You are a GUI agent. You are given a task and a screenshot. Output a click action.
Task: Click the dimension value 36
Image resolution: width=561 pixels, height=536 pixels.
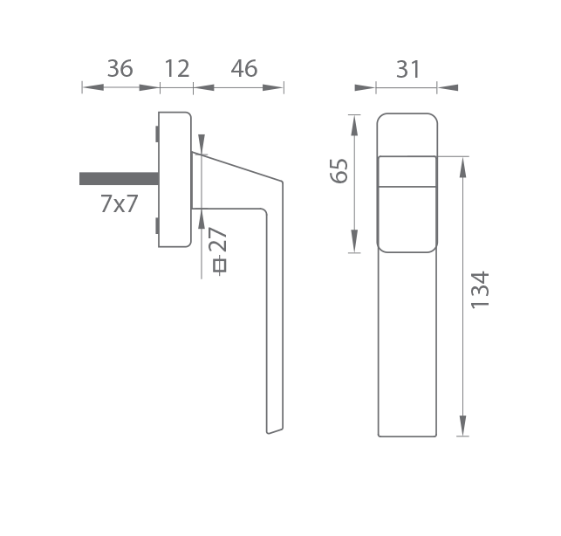(120, 68)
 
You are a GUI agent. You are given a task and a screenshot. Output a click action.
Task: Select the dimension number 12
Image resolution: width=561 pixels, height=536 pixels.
(177, 68)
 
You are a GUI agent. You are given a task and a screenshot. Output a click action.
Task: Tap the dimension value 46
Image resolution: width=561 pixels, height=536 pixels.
(244, 68)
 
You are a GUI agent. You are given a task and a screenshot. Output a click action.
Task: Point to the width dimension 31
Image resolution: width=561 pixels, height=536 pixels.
(407, 69)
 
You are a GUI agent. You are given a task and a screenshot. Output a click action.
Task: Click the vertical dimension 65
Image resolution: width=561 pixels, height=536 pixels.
(339, 170)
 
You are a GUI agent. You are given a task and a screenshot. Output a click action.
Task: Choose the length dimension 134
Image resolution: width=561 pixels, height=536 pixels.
(480, 290)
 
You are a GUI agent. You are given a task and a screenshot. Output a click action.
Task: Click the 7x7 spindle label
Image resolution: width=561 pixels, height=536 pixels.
(119, 203)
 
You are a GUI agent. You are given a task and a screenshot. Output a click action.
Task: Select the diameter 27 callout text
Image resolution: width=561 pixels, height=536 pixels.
(219, 250)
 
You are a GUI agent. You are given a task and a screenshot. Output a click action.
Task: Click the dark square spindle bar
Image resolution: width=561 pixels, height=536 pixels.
(120, 179)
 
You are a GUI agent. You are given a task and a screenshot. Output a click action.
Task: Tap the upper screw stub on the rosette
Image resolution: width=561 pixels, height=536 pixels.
(157, 134)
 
